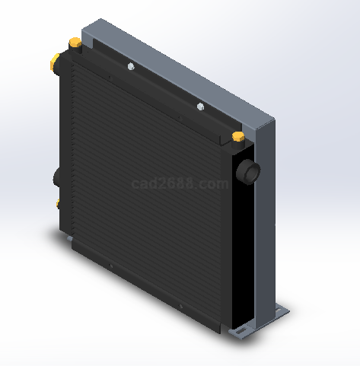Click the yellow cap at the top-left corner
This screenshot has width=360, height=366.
(75, 42)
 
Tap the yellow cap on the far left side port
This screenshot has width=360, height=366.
(54, 62)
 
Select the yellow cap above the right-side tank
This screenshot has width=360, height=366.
(238, 136)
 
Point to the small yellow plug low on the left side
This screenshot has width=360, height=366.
(58, 204)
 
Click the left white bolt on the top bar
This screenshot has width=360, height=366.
(131, 66)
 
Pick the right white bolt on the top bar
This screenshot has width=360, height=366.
(200, 107)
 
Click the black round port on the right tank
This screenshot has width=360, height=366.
(248, 172)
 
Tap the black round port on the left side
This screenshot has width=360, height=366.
(56, 178)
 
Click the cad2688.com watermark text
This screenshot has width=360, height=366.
(180, 183)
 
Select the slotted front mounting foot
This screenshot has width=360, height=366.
(241, 331)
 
